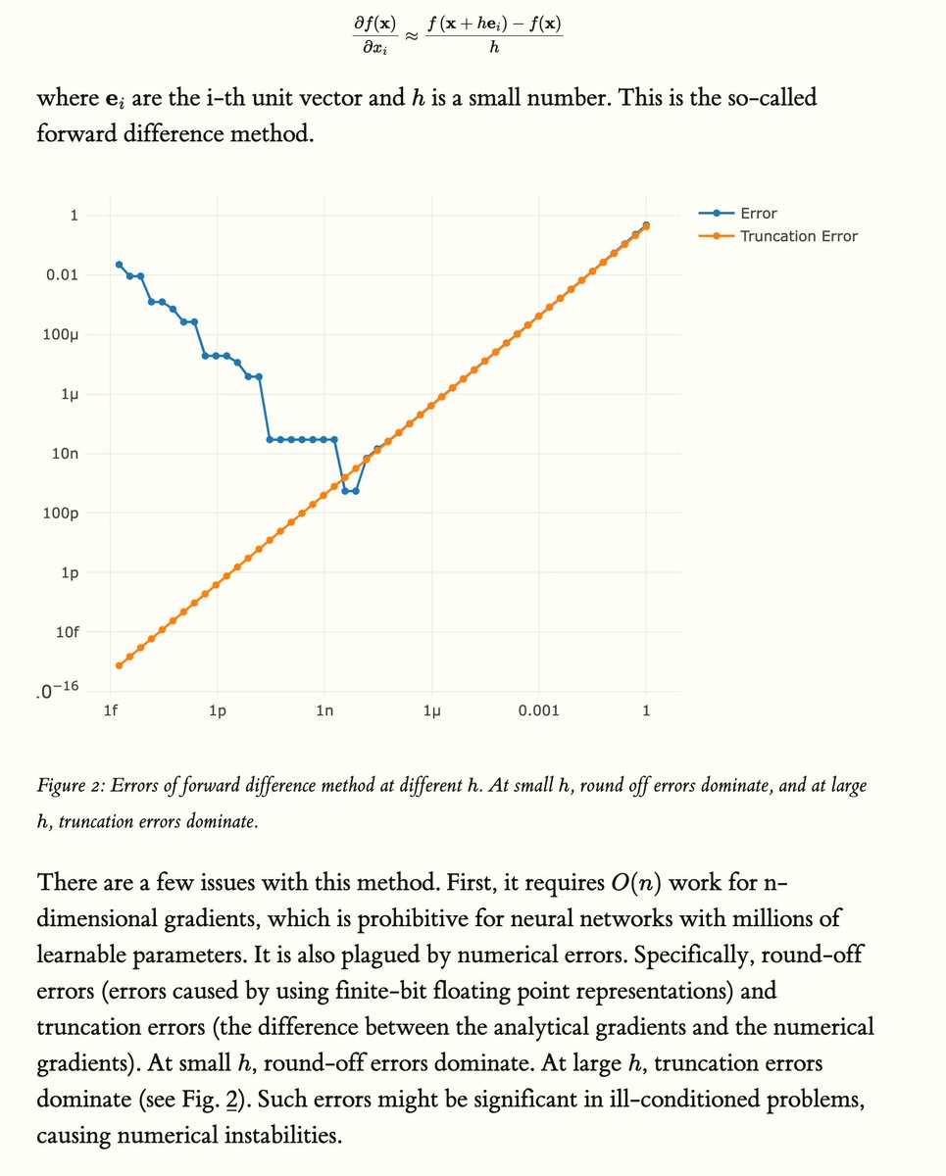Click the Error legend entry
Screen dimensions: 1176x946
[760, 214]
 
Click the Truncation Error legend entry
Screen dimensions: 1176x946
[798, 235]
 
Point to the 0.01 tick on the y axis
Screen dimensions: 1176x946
[63, 275]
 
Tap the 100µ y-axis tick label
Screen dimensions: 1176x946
[62, 334]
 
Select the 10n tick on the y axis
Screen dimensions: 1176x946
[66, 454]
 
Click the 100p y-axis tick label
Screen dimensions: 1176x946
[62, 513]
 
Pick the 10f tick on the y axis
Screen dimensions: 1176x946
[66, 631]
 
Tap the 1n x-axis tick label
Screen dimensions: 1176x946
[324, 710]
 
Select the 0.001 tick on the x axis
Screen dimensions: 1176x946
[539, 710]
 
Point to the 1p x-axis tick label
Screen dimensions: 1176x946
[218, 710]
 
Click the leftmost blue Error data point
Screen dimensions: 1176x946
[119, 265]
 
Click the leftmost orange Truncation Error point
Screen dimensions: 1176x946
[119, 665]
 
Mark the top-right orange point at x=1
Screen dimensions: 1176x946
[646, 226]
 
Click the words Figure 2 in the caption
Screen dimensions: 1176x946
[68, 786]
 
